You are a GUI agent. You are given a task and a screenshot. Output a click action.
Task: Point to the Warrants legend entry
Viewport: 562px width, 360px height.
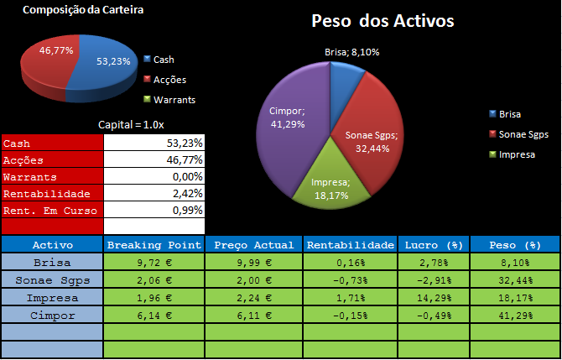click(174, 99)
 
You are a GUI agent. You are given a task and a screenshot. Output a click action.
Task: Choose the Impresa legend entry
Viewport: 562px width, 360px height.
click(517, 154)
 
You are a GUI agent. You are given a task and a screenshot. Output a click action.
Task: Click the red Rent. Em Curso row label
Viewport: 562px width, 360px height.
click(52, 211)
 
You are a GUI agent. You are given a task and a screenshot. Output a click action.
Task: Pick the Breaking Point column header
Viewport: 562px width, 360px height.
click(154, 245)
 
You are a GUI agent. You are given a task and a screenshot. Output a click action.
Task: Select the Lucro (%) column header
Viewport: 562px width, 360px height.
click(433, 245)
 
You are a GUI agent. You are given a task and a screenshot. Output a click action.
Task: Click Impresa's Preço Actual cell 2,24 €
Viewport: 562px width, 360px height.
click(254, 298)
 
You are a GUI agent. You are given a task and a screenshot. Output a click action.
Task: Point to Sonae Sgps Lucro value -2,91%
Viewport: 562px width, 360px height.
click(433, 280)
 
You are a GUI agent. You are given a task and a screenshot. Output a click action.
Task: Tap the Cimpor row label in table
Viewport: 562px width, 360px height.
click(52, 316)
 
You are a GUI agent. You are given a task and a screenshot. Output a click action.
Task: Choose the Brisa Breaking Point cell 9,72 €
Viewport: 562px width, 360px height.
click(154, 263)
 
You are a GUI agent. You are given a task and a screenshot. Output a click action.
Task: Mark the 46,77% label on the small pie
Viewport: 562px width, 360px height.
click(57, 50)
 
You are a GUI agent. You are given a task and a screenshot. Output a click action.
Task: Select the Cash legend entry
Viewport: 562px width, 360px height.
click(169, 60)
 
